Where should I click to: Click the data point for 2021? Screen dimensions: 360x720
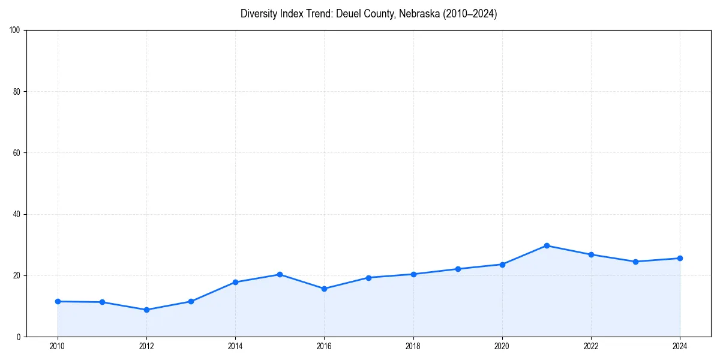[x=547, y=245]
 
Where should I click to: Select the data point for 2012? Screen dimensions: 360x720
[x=146, y=310]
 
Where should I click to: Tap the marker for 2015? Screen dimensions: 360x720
[x=280, y=274]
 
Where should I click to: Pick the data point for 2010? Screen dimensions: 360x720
[x=58, y=301]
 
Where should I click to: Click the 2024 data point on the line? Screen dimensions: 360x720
[x=680, y=258]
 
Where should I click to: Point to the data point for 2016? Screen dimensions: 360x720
[x=324, y=289]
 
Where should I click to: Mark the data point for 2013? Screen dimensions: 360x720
[x=191, y=301]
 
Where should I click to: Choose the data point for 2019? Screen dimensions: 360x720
[x=458, y=269]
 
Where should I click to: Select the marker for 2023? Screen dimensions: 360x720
[x=635, y=262]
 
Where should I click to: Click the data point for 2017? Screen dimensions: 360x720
[x=368, y=278]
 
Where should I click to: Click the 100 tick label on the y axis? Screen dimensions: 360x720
[x=16, y=31]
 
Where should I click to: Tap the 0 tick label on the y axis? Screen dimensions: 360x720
[x=19, y=337]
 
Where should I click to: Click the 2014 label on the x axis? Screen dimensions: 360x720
[x=235, y=346]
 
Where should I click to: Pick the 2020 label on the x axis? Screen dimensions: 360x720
[x=502, y=346]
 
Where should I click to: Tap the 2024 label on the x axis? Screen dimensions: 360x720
[x=680, y=346]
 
